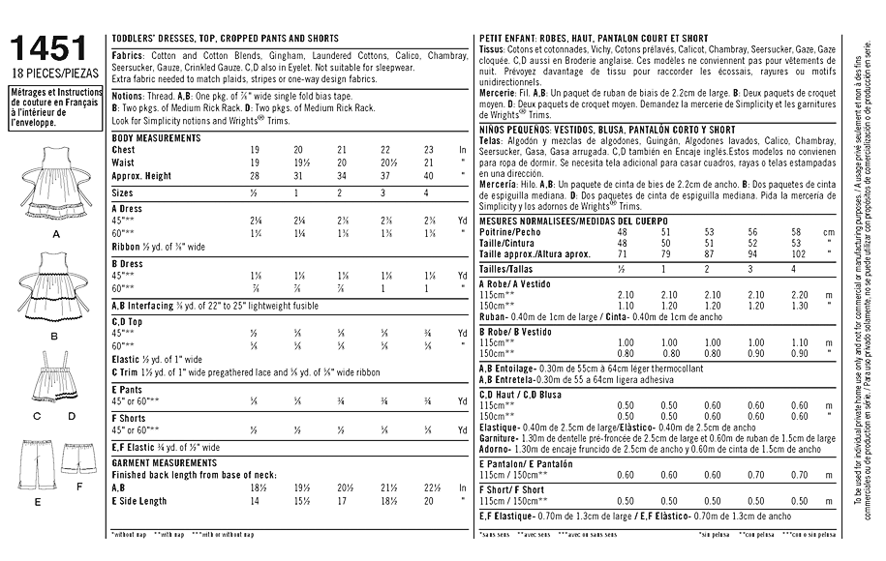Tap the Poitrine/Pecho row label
click(x=510, y=232)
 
